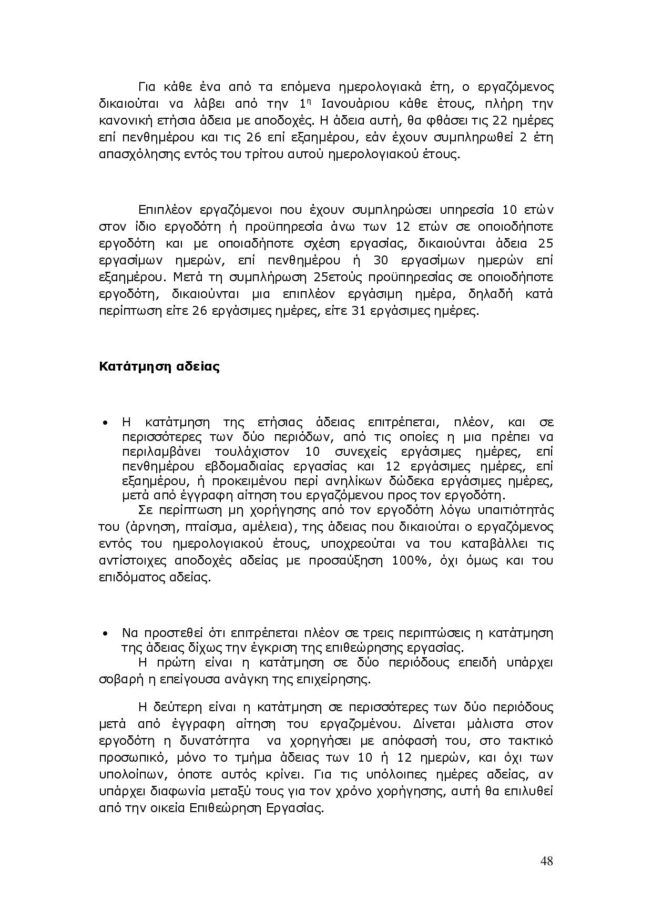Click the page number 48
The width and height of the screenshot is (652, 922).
point(546,861)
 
